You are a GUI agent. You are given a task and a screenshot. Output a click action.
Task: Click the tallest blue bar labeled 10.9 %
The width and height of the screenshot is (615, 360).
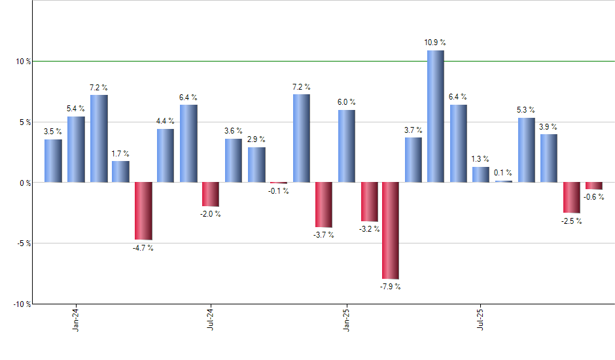point(436,117)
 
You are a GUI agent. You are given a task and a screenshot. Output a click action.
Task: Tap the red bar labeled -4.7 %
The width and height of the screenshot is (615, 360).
point(143,211)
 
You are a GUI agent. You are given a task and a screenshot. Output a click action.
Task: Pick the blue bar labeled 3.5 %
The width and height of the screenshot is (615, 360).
point(54,160)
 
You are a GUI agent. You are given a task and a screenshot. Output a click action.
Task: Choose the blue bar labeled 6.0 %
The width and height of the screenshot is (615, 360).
point(347,146)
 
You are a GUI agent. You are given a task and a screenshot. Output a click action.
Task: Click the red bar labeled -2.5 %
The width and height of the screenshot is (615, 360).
point(571,197)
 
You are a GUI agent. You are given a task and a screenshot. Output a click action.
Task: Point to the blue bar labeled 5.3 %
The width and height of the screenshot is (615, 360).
point(526,150)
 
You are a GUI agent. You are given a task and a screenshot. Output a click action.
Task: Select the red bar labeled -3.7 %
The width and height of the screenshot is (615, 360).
point(324,204)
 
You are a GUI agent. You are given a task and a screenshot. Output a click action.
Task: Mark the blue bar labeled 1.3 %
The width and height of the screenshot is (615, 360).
point(481,174)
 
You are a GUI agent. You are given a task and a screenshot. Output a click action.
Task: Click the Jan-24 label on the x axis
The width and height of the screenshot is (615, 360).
point(77,317)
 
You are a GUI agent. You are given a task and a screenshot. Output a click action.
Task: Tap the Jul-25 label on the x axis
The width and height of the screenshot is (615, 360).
point(480,317)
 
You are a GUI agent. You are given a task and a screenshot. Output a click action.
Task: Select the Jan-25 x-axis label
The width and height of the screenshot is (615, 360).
point(345,317)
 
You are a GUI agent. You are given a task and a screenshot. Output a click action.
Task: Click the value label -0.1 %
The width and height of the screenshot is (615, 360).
point(278,191)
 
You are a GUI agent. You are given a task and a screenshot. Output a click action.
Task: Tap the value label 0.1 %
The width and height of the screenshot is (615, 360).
point(503,173)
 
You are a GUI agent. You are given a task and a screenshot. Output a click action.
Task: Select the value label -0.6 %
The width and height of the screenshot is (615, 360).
point(593,197)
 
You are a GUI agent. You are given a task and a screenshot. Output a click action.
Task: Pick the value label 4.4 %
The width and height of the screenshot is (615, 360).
point(166,121)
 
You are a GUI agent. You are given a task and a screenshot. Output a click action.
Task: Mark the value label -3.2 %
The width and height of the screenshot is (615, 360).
point(369,229)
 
